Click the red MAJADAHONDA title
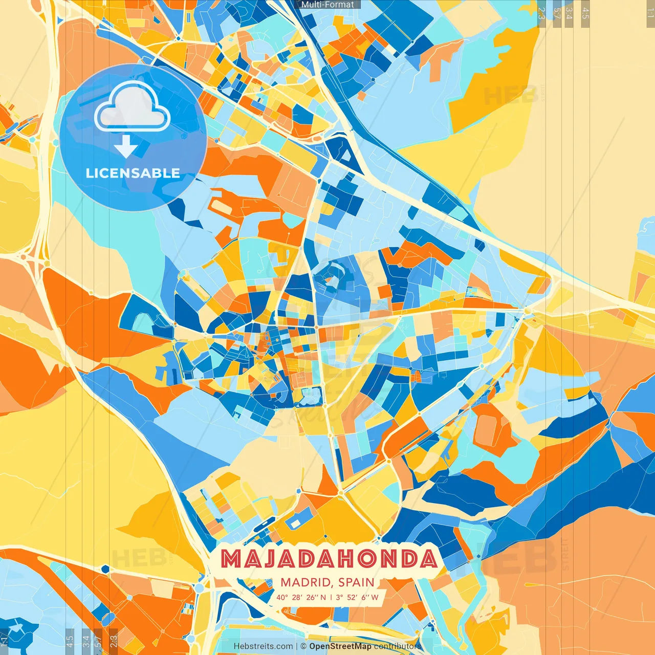click(x=330, y=559)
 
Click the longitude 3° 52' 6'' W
click(x=357, y=597)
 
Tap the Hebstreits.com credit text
click(x=263, y=646)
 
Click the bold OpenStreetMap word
click(x=340, y=646)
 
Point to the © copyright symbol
click(x=303, y=646)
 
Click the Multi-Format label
click(x=327, y=5)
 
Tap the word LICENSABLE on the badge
click(x=133, y=173)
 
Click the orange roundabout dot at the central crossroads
click(x=317, y=326)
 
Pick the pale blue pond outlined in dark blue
click(x=310, y=394)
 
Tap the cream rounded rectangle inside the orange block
click(x=221, y=206)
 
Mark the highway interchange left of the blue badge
click(x=33, y=256)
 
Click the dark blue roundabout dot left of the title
click(x=105, y=569)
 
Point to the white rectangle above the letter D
click(x=295, y=522)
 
